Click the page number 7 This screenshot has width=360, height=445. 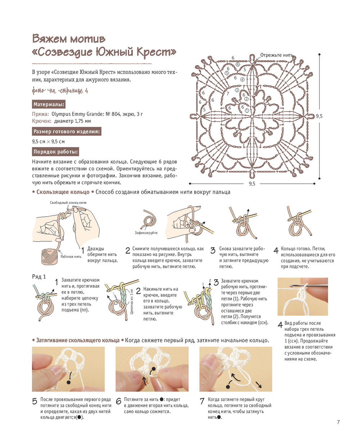[x=338, y=422]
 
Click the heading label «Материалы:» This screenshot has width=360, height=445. [x=49, y=104]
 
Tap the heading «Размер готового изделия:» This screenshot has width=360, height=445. [x=67, y=131]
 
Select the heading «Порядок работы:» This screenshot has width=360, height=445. [x=55, y=151]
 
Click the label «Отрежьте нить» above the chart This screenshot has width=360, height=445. [x=276, y=55]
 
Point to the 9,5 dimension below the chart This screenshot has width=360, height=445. [x=252, y=183]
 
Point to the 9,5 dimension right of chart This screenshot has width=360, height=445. [x=319, y=116]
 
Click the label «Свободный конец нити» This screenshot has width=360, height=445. [x=68, y=203]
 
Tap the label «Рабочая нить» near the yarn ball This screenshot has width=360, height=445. [x=71, y=256]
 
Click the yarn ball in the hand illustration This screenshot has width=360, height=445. [x=49, y=256]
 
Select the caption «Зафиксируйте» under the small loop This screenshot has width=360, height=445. [x=146, y=233]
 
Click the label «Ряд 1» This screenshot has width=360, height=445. [x=39, y=277]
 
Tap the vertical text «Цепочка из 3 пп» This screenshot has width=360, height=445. [x=132, y=301]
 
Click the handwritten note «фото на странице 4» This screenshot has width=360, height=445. [x=60, y=91]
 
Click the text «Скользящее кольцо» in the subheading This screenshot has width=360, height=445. [x=63, y=192]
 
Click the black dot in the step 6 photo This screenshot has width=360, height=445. [x=154, y=369]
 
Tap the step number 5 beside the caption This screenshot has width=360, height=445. [x=35, y=401]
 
